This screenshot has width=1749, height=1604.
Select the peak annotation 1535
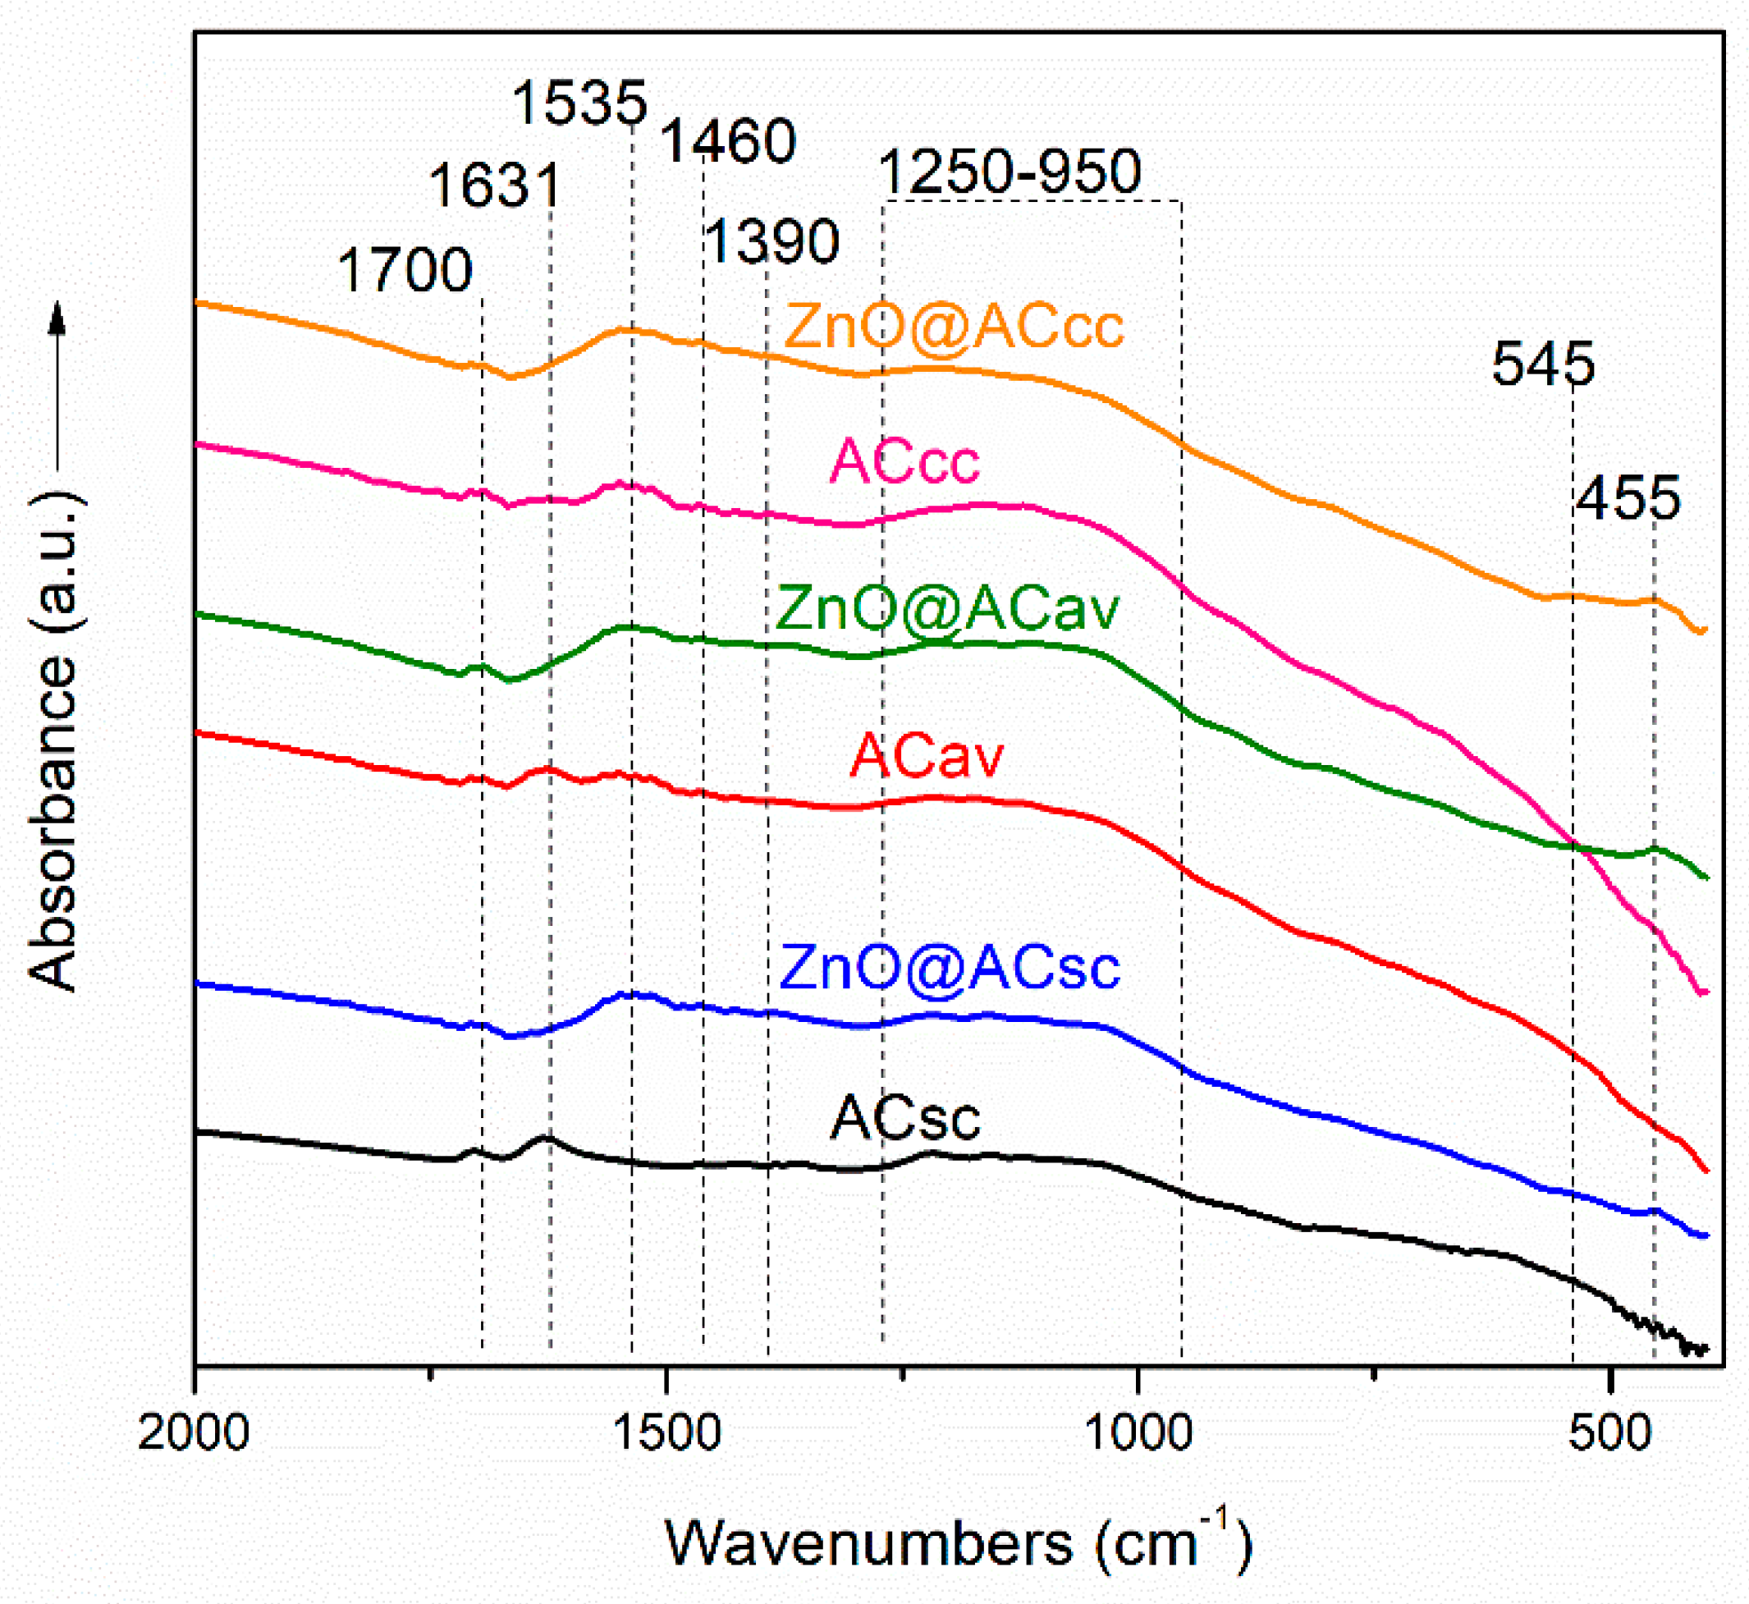(x=579, y=103)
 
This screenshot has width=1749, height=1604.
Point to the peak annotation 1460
(x=728, y=141)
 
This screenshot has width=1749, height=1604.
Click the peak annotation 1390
(x=771, y=241)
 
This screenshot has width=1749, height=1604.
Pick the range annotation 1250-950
(x=1010, y=172)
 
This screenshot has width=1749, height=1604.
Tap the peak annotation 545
(x=1543, y=364)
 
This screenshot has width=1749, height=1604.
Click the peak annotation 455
(x=1628, y=498)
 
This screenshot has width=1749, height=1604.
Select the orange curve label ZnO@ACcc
(x=954, y=328)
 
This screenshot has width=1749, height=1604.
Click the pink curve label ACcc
(x=905, y=462)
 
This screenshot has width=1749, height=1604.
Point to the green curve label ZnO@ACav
(x=948, y=607)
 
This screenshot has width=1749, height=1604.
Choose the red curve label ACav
(x=926, y=756)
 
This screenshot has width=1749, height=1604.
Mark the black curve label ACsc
(x=905, y=1118)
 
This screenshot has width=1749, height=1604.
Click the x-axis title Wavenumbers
(x=868, y=1544)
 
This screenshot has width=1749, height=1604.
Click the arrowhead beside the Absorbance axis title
(x=57, y=318)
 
